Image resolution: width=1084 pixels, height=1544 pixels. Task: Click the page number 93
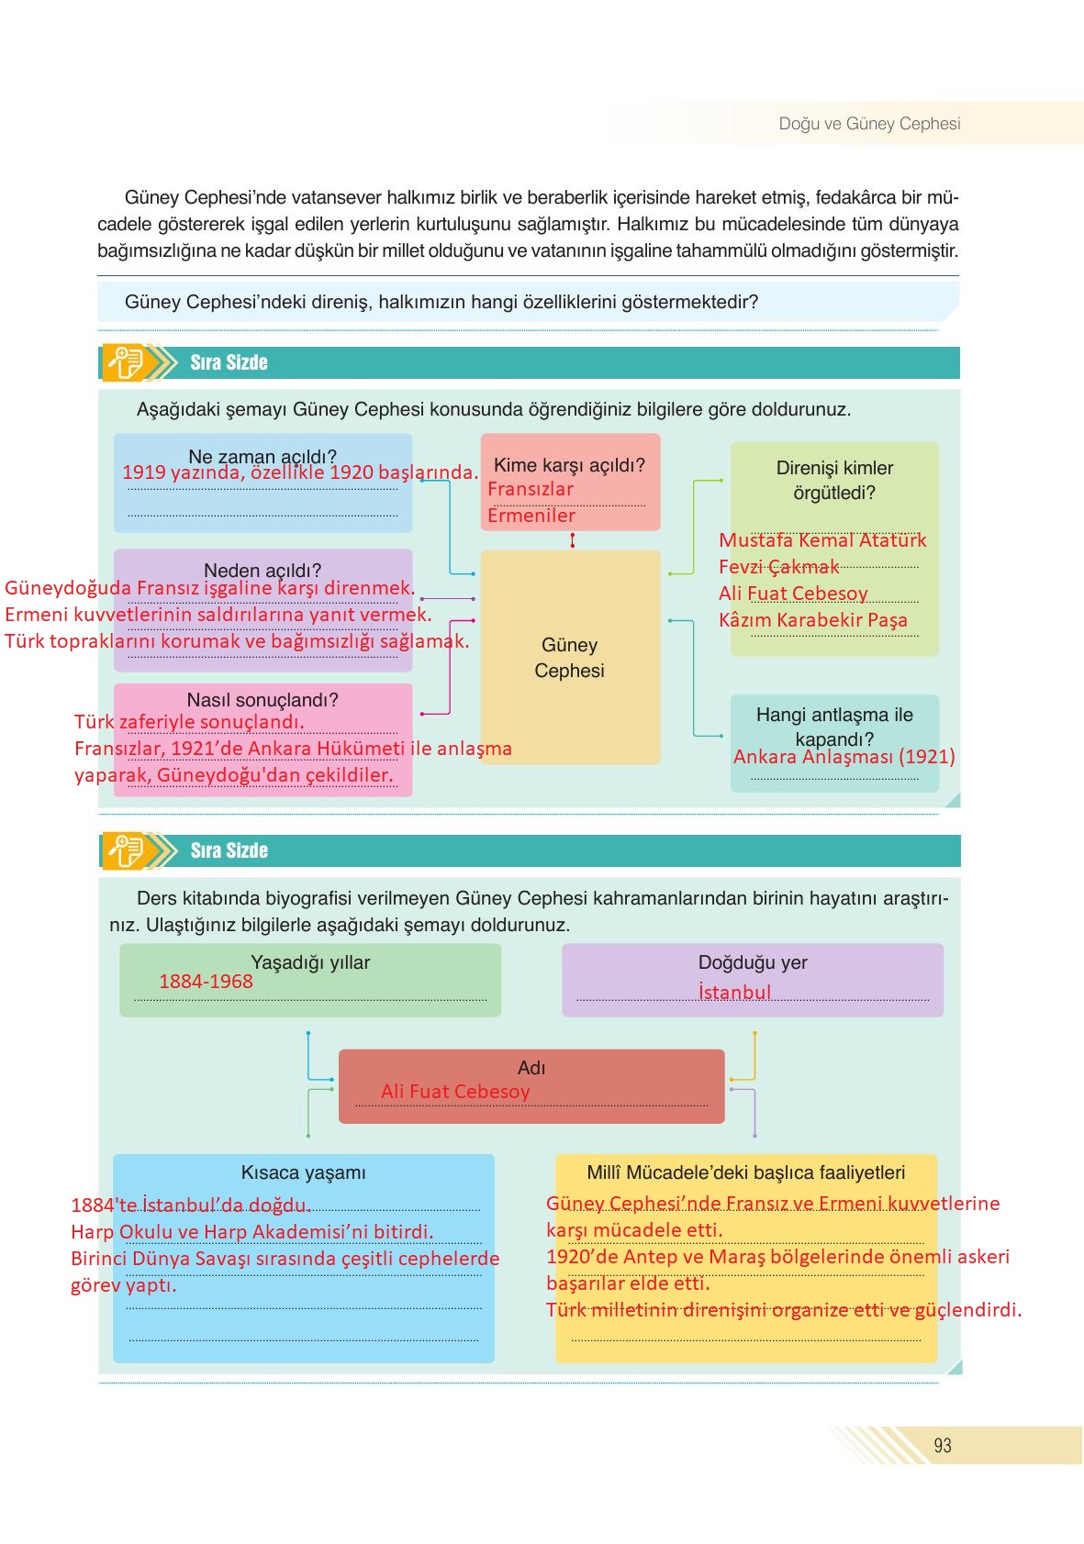[x=942, y=1446]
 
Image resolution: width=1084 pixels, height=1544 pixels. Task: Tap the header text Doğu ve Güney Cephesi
[x=869, y=124]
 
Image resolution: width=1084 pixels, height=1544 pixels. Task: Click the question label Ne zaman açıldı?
[x=263, y=455]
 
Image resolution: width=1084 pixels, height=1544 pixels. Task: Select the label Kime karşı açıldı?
[x=569, y=465]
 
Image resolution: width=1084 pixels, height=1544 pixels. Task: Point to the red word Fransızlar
[x=531, y=490]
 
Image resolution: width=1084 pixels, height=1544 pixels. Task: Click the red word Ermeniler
[x=531, y=516]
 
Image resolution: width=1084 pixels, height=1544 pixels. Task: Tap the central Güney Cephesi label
[x=569, y=658]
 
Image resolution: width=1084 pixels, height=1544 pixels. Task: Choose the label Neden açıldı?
[x=263, y=570]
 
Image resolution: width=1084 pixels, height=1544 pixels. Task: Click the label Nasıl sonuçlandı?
[x=263, y=700]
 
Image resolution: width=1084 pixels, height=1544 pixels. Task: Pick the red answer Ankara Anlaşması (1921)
[x=844, y=757]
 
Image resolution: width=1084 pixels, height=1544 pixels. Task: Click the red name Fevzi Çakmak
[x=778, y=567]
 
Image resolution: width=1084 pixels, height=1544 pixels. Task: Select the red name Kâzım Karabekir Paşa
[x=812, y=620]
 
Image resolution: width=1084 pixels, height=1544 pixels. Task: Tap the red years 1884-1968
[x=206, y=982]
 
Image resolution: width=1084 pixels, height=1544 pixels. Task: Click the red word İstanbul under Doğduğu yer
[x=734, y=993]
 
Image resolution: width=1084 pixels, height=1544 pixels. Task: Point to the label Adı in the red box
[x=531, y=1068]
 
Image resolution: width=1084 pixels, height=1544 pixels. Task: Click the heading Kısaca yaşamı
[x=303, y=1172]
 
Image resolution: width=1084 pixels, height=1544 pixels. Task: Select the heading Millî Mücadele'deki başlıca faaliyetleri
[x=745, y=1172]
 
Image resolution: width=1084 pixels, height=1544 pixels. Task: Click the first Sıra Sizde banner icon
[x=126, y=362]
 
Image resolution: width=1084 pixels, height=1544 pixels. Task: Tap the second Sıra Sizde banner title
[x=229, y=850]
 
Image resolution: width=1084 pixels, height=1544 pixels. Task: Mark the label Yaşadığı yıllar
[x=310, y=962]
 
